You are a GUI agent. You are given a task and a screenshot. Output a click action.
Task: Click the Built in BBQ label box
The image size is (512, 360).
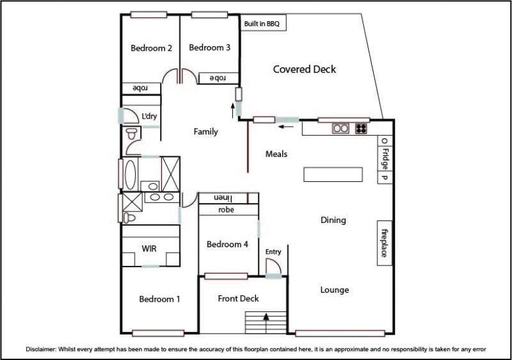click(x=263, y=23)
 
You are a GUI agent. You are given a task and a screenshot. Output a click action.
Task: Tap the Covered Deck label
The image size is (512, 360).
click(x=305, y=69)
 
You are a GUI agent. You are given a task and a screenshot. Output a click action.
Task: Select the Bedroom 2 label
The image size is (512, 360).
click(x=151, y=48)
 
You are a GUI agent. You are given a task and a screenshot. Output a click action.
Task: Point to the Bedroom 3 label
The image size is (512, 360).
click(x=210, y=47)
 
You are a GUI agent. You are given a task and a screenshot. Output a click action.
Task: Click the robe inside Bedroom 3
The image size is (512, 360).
click(x=218, y=78)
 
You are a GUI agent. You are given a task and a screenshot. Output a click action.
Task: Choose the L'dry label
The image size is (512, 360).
click(x=149, y=116)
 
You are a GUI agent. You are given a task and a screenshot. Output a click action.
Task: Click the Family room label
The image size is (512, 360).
click(x=205, y=132)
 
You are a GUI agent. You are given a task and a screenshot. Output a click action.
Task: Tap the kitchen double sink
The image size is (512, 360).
click(x=340, y=128)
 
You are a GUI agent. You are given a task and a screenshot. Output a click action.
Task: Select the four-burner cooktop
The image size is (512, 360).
click(x=361, y=128)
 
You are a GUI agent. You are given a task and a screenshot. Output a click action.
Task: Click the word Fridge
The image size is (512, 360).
click(x=385, y=159)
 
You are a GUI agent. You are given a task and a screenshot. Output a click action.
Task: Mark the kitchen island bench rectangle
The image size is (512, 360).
click(x=333, y=174)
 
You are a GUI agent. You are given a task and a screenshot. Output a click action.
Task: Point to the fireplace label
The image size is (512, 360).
click(x=385, y=243)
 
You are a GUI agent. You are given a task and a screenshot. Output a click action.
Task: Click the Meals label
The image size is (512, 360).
click(x=276, y=154)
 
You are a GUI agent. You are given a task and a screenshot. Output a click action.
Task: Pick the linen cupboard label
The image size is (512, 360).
click(x=223, y=199)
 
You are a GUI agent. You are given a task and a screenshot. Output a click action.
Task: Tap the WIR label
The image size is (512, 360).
click(x=149, y=249)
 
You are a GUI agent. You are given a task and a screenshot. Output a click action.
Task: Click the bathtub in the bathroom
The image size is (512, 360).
click(x=130, y=174)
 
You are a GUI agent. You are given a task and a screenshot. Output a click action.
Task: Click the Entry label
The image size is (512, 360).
click(x=273, y=252)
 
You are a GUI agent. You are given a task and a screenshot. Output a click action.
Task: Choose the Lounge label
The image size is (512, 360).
click(x=334, y=290)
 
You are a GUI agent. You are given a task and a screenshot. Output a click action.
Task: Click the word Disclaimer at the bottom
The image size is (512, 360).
click(x=41, y=349)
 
